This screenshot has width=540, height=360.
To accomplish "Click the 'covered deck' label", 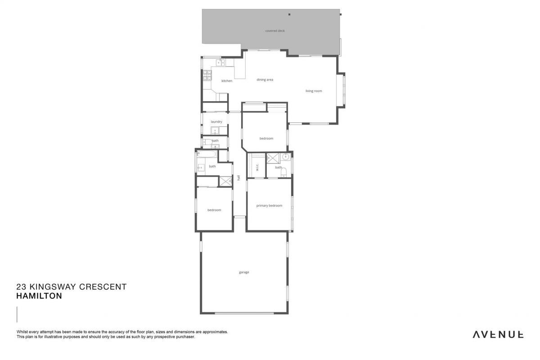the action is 275,31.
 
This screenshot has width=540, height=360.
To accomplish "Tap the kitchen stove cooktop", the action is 207,75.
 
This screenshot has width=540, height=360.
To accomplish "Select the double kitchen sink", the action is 220,63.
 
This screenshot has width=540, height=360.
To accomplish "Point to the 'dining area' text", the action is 265,80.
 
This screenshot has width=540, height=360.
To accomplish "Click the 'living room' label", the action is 314,91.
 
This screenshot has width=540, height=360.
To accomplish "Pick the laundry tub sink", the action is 215,130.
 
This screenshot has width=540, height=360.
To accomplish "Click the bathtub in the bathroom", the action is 207,154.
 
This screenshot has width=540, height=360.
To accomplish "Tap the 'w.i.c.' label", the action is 257,167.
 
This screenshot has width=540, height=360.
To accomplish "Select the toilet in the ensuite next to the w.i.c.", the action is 284,173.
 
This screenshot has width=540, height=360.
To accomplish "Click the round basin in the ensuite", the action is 286,157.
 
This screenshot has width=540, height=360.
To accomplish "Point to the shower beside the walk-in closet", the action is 273,158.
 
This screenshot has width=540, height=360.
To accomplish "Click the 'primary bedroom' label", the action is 269,206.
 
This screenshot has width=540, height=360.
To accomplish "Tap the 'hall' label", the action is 238,178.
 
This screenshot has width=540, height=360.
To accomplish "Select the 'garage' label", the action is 244,272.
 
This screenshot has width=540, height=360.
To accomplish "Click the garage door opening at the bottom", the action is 244,313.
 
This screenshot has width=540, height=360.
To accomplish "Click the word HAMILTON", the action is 39,296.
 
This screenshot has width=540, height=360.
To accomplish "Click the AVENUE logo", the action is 498,335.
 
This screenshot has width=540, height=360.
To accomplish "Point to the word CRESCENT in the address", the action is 103,287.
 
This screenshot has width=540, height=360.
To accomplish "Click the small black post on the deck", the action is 289,14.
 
